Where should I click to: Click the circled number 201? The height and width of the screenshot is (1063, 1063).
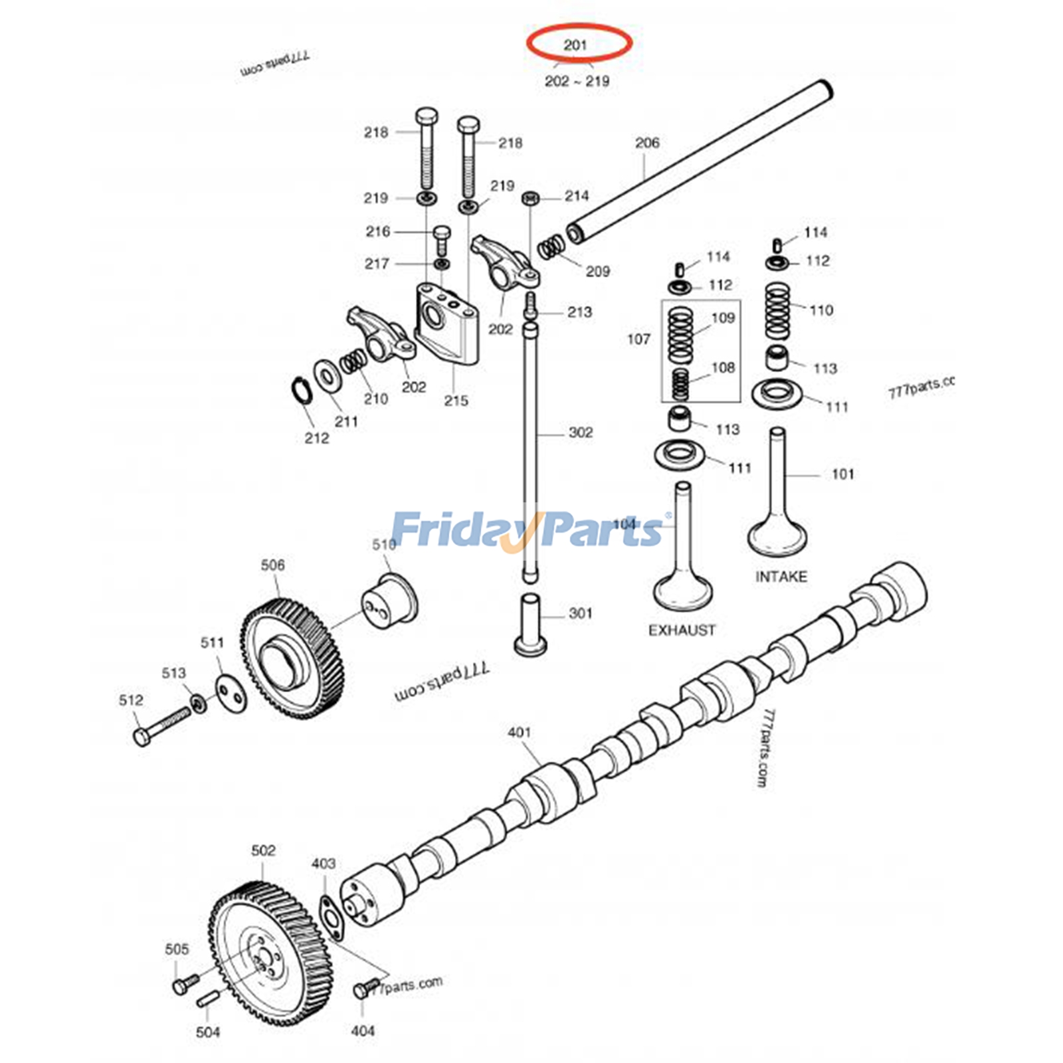tap(575, 45)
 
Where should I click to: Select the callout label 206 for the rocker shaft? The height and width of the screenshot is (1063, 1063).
tap(646, 142)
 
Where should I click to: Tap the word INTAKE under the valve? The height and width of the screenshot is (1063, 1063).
tap(781, 576)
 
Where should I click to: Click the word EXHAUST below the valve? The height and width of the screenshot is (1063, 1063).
tap(682, 629)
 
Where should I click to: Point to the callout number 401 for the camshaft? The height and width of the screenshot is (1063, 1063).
tap(519, 731)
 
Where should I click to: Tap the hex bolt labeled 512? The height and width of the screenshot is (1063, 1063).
tap(159, 727)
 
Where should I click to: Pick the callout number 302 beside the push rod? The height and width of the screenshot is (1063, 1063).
tap(579, 433)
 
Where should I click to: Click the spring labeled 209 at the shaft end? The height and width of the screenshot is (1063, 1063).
tap(551, 249)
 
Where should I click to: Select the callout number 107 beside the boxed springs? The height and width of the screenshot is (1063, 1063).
tap(638, 339)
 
